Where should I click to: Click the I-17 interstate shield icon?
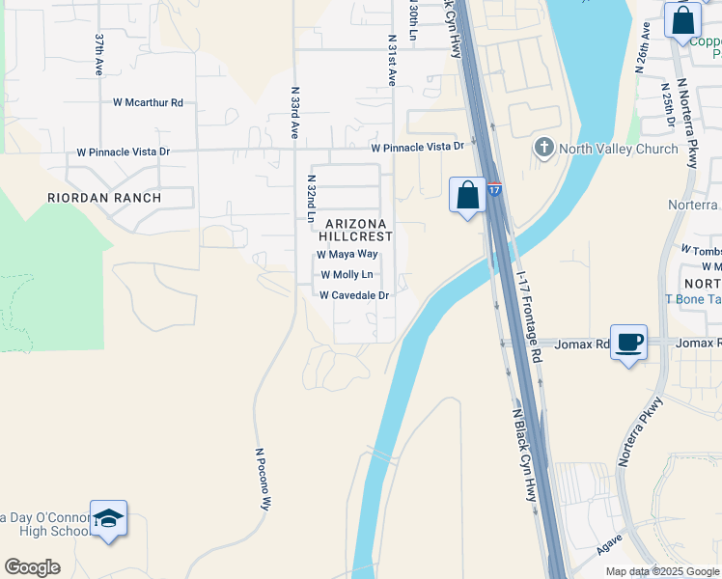[x=493, y=189]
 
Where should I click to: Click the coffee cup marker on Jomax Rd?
[x=629, y=343]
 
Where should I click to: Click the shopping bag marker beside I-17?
[x=468, y=195]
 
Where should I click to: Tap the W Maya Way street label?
[x=347, y=255]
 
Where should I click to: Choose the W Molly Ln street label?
[x=347, y=275]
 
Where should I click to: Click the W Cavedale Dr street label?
[x=354, y=295]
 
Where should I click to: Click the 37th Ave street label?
[x=99, y=55]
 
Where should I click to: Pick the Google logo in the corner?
[x=32, y=567]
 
